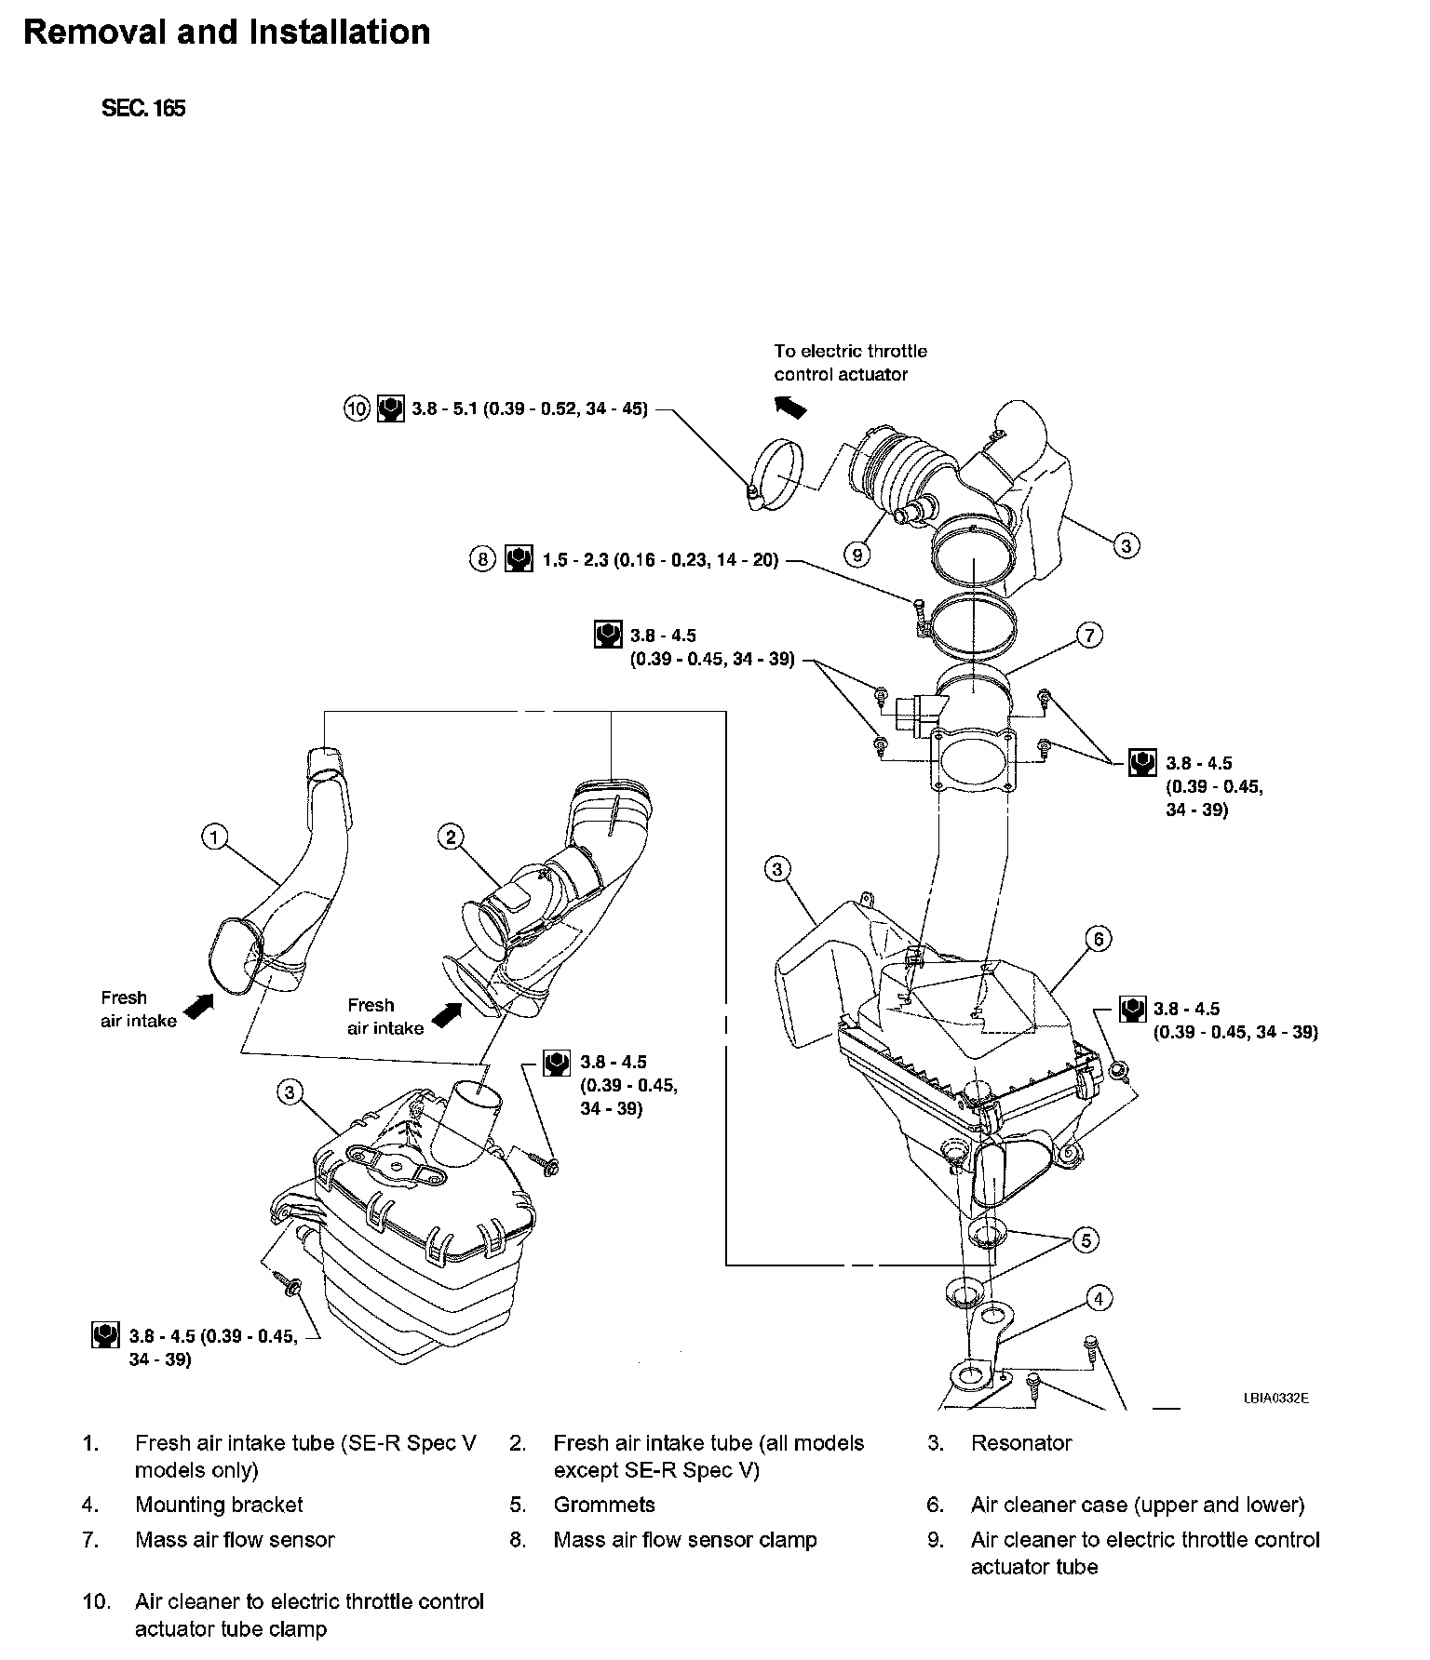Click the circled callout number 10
click(x=357, y=408)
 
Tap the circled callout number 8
click(x=482, y=560)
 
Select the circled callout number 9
click(x=857, y=555)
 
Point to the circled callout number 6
click(x=1099, y=939)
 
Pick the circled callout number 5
click(x=1086, y=1239)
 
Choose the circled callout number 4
click(x=1099, y=1298)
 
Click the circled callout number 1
click(x=214, y=837)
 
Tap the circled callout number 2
click(x=452, y=837)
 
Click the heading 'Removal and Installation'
click(x=226, y=33)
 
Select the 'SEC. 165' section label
click(x=143, y=108)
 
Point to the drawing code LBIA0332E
click(x=1275, y=1398)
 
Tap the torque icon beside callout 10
click(x=390, y=408)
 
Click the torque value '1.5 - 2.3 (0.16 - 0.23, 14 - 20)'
click(x=660, y=561)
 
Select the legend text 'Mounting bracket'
click(x=219, y=1505)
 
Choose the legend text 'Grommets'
click(x=604, y=1505)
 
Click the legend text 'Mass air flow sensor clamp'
click(x=684, y=1540)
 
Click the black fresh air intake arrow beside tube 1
click(x=199, y=1006)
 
